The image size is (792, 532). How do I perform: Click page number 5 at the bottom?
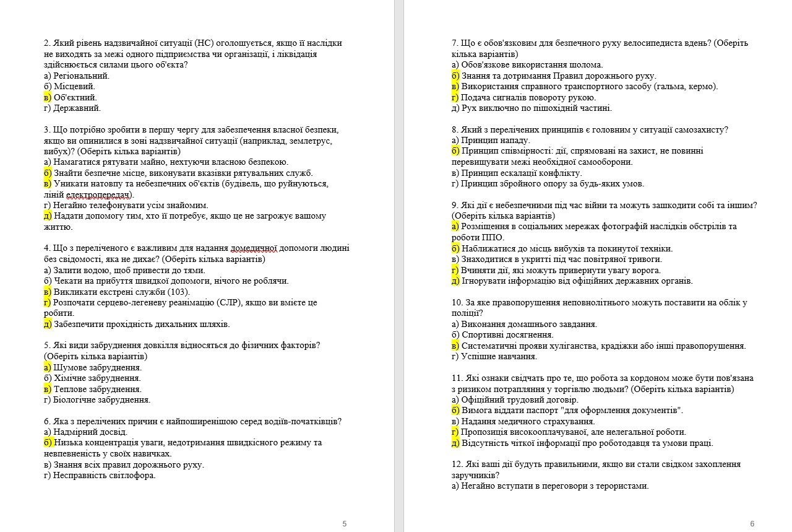[345, 524]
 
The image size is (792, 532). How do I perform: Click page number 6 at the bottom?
[752, 524]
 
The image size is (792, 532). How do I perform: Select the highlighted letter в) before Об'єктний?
[48, 97]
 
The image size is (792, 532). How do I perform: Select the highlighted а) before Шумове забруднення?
[48, 367]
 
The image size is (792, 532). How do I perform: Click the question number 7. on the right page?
[455, 43]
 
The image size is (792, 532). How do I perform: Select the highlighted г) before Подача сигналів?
[455, 97]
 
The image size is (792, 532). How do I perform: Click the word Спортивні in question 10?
[482, 335]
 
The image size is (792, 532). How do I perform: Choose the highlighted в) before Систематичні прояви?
[455, 346]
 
